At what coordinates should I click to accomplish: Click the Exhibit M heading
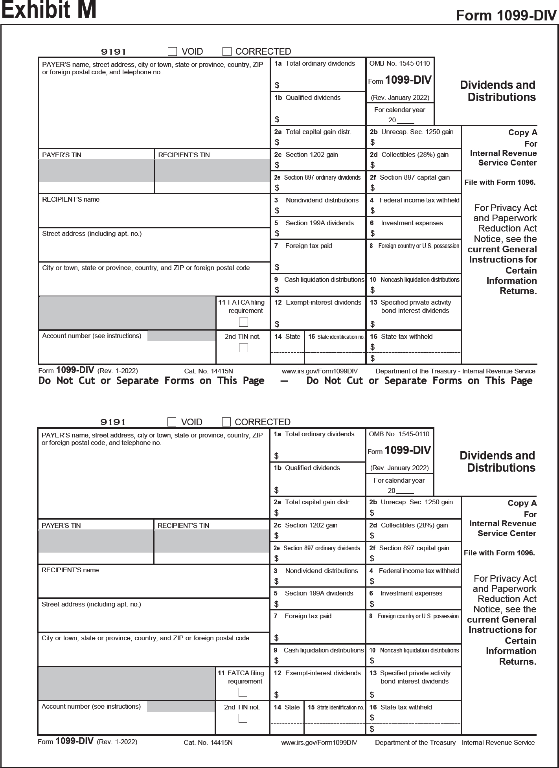coord(49,10)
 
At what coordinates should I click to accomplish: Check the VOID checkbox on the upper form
coord(172,51)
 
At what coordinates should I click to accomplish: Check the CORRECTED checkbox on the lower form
coord(226,422)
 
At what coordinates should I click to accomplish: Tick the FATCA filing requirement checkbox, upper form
coord(244,322)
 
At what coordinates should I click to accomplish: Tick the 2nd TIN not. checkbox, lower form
coord(243,718)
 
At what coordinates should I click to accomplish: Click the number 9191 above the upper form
coord(114,51)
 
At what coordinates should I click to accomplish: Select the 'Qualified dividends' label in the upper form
coord(313,98)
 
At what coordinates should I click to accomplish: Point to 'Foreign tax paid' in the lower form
coord(308,616)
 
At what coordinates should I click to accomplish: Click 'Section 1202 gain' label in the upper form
coord(311,155)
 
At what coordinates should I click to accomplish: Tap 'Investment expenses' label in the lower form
coord(411,593)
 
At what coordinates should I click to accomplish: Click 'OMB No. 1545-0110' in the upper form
coord(399,64)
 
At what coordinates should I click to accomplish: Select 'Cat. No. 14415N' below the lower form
coord(208,742)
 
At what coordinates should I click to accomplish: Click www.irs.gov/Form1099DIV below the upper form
coord(320,371)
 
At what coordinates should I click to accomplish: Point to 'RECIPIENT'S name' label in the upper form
coord(71,200)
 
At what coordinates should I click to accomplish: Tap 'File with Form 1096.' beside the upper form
coord(500,182)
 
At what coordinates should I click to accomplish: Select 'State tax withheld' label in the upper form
coord(406,337)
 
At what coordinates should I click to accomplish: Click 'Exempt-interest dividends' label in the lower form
coord(323,673)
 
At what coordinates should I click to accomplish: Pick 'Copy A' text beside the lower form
coord(522,503)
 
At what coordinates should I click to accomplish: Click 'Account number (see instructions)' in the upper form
coord(92,336)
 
